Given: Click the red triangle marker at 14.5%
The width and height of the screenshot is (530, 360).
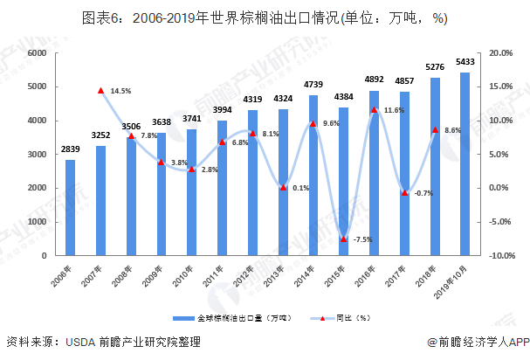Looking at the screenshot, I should pos(100,90).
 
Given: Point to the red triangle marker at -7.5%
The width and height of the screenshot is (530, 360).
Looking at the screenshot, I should pos(343,239).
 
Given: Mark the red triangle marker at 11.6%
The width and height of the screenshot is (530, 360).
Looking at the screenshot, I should pos(374,110).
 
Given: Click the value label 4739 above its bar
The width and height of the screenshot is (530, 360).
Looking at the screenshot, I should pos(313,85).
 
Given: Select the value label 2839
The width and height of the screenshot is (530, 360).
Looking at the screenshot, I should pos(70,149).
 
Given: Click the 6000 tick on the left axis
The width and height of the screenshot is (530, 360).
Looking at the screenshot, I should pos(36,53).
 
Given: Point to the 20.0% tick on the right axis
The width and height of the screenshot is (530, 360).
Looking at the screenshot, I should pos(500,53).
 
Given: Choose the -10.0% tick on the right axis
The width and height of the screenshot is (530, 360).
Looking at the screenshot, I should pos(500,256).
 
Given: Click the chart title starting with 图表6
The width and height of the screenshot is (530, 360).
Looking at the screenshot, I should pos(265,18).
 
